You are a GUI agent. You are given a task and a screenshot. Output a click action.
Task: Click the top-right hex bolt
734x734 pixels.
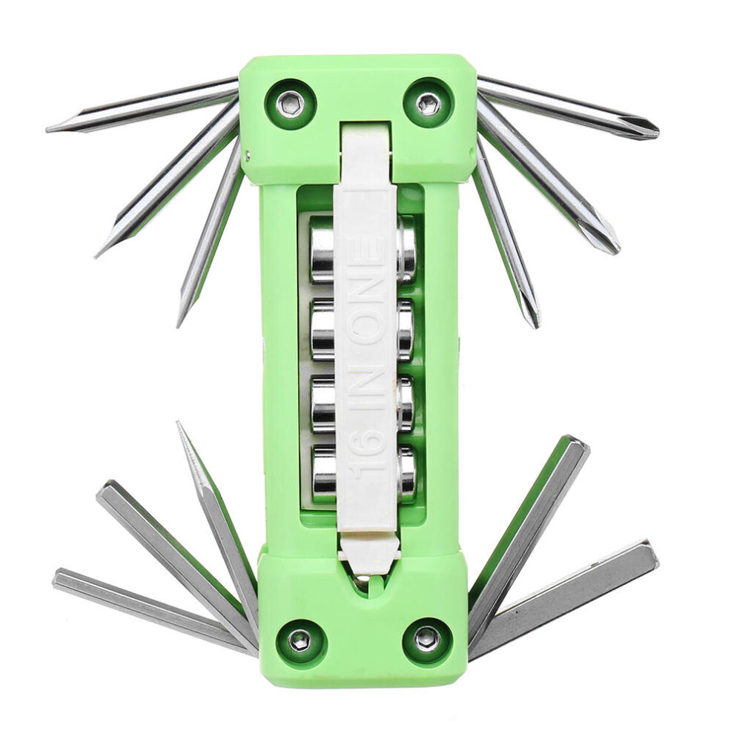click(429, 103)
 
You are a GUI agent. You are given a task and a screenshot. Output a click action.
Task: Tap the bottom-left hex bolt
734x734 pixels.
click(300, 640)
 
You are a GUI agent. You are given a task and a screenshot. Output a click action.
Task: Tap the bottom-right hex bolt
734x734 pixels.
click(427, 638)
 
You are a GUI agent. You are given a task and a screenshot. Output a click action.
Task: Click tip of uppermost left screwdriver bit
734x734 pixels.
click(49, 130)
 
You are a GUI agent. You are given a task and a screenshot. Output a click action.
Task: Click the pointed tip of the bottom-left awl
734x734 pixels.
click(179, 423)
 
